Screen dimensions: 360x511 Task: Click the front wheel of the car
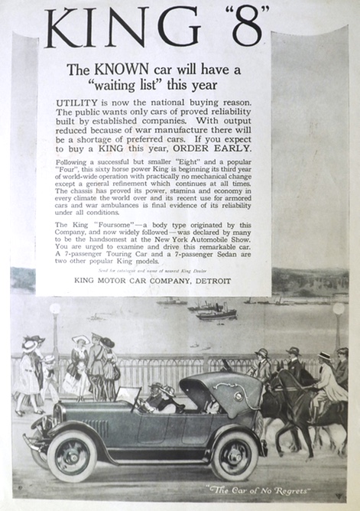(71, 454)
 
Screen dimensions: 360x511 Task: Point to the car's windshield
(130, 397)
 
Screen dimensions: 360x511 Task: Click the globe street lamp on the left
(54, 309)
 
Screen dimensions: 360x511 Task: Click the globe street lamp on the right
(338, 309)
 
